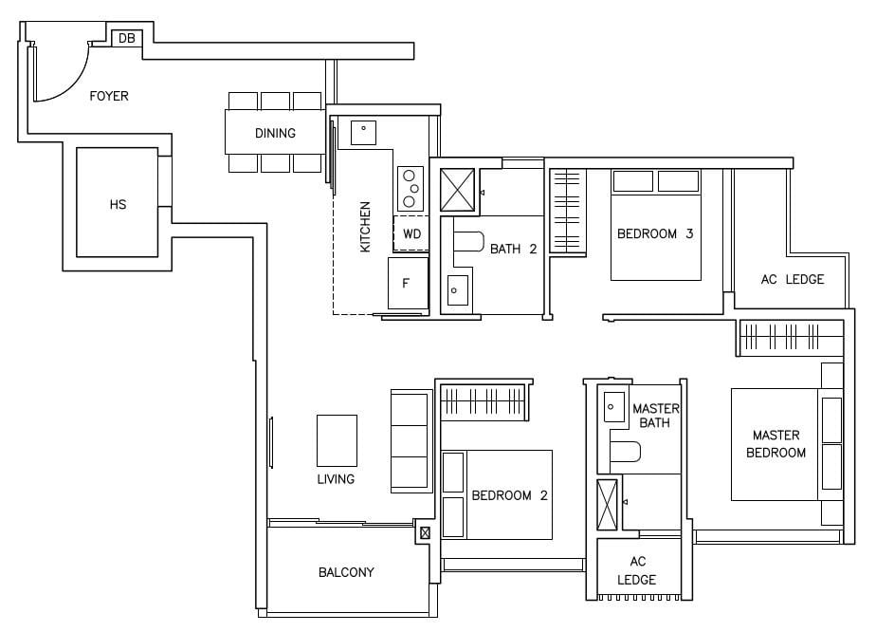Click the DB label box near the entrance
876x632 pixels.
pyautogui.click(x=126, y=38)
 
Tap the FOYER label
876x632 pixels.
pyautogui.click(x=109, y=96)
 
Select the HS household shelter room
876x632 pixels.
pyautogui.click(x=117, y=203)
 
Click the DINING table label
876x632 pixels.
pyautogui.click(x=275, y=133)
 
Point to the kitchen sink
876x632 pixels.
pyautogui.click(x=364, y=132)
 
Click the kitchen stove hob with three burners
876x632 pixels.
pyautogui.click(x=410, y=188)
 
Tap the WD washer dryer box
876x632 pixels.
pyautogui.click(x=411, y=233)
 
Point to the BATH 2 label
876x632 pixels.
pyautogui.click(x=513, y=250)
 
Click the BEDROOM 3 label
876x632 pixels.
pyautogui.click(x=654, y=233)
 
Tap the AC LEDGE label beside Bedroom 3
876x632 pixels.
pyautogui.click(x=792, y=279)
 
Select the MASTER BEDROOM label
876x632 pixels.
pyautogui.click(x=776, y=444)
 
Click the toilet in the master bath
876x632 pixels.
pyautogui.click(x=626, y=452)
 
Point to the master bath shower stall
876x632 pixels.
pyautogui.click(x=608, y=503)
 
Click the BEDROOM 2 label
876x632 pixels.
pyautogui.click(x=509, y=495)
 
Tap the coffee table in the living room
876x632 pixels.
pyautogui.click(x=337, y=439)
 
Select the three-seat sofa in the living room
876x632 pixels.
pyautogui.click(x=410, y=441)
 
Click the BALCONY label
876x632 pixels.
pyautogui.click(x=346, y=572)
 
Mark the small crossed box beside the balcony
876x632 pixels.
pyautogui.click(x=425, y=533)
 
